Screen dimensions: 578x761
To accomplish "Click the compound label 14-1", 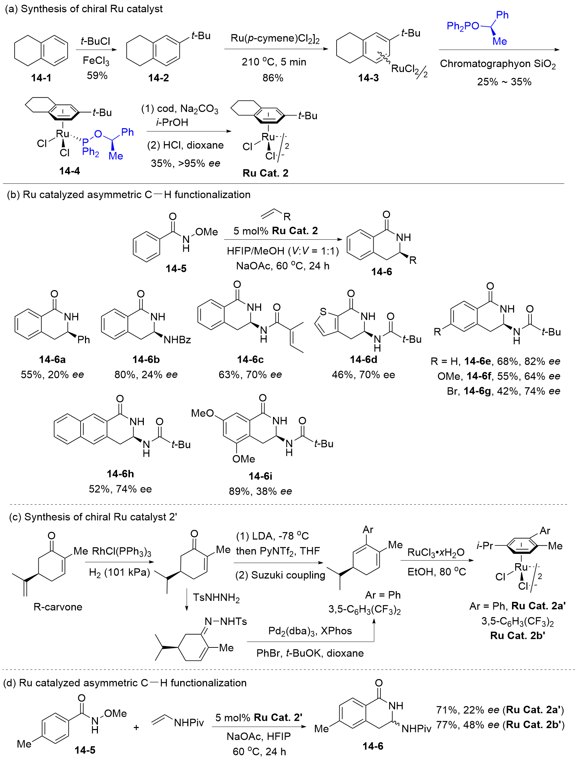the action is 41,78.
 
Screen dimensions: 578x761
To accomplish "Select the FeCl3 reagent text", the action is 96,61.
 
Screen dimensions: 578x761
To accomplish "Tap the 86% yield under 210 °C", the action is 273,78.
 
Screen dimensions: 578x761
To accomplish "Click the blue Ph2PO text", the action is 463,26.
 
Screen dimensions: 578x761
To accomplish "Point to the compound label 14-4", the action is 69,171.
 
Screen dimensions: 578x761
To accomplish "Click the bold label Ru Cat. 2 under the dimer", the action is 266,173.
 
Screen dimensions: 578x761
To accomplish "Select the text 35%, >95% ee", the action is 185,163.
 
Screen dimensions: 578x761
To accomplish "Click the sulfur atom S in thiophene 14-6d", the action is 323,312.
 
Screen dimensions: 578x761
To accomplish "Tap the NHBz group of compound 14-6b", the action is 177,340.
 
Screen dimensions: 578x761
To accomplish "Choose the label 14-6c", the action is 251,359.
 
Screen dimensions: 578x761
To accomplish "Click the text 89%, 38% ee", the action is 260,491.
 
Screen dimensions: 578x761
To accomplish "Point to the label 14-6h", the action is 120,474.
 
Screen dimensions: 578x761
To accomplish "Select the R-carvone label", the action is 58,607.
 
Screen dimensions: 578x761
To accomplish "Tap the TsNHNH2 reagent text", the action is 216,597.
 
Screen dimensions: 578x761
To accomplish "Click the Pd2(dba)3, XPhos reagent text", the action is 310,631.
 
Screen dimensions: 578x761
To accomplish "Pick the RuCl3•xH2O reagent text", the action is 436,552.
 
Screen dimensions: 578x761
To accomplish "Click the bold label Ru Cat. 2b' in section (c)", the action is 518,635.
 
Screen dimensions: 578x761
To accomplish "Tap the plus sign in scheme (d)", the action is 136,727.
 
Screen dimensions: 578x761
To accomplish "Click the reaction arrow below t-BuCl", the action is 96,50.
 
